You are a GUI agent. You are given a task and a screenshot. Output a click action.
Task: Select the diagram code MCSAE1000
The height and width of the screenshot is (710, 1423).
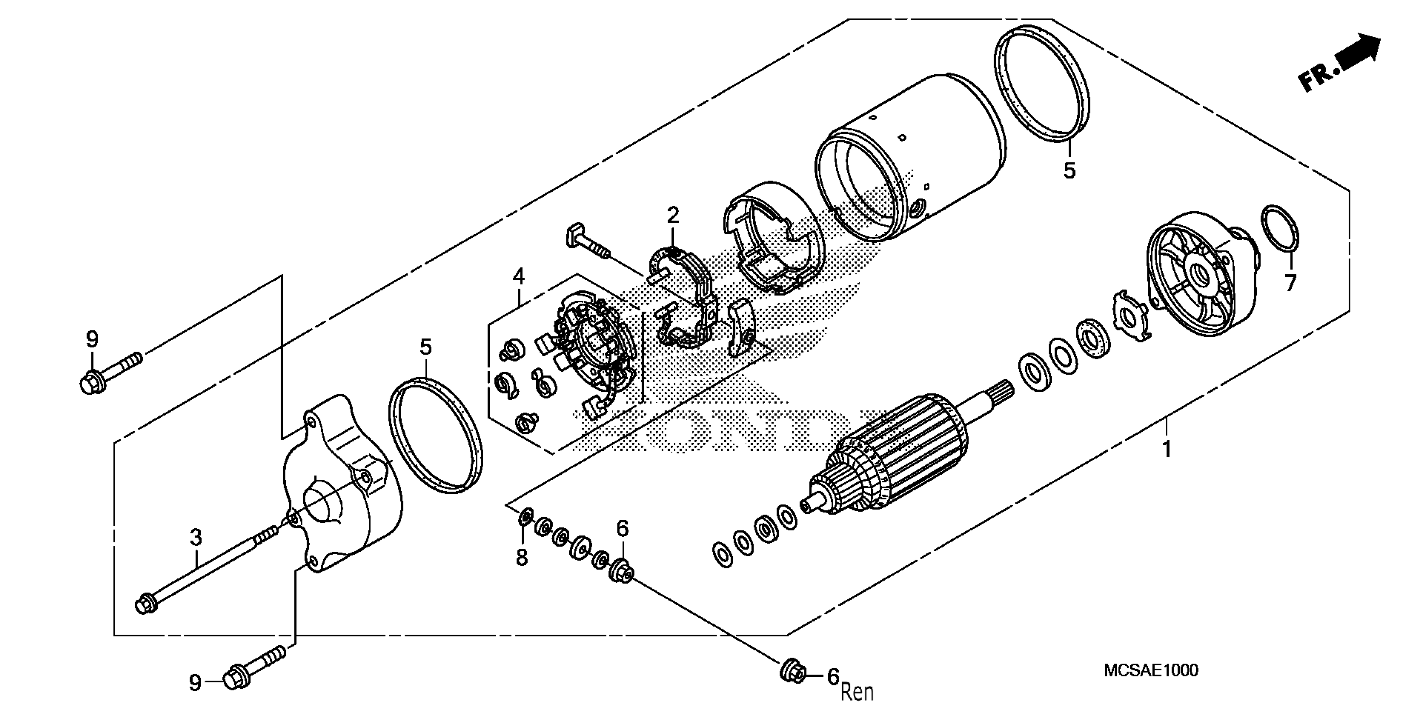[1151, 671]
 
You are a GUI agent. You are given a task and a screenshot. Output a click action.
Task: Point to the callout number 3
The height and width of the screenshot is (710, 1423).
[195, 537]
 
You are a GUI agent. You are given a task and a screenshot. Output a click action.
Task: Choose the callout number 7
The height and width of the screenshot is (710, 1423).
[1290, 283]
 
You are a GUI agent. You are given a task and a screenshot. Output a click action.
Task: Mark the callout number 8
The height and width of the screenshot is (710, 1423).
[522, 558]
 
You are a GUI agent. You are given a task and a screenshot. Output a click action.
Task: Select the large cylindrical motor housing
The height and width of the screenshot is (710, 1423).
[911, 157]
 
